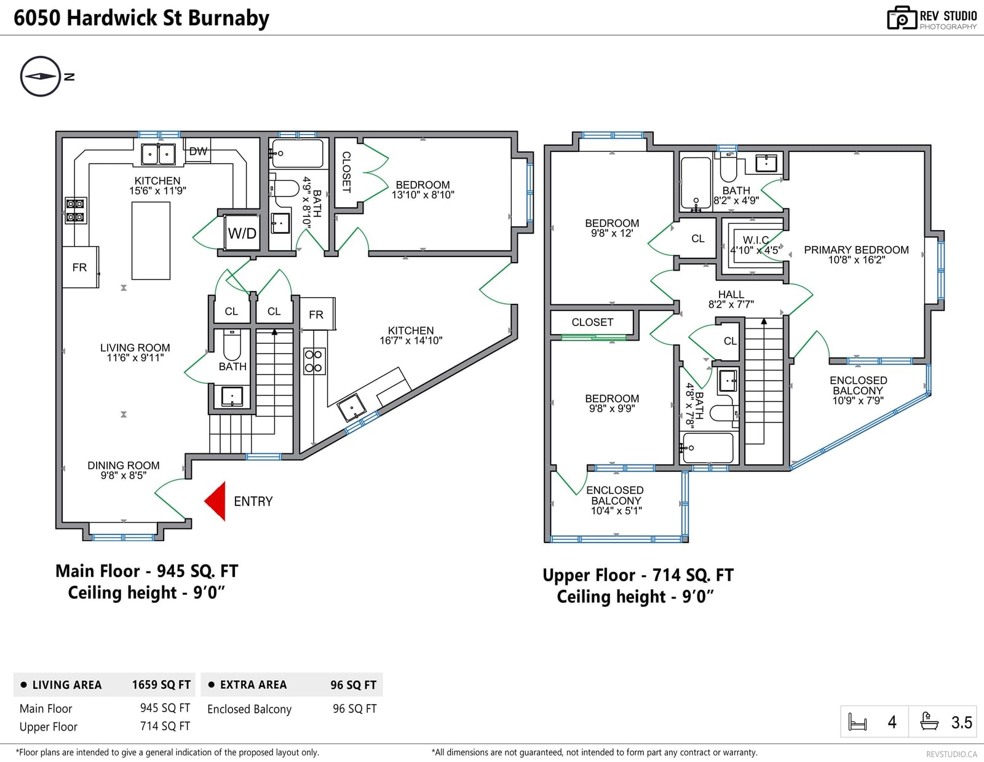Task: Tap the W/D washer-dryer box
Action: click(x=242, y=232)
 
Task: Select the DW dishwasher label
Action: click(x=198, y=151)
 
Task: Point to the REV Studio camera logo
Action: click(x=902, y=18)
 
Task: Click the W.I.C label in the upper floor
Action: click(x=756, y=240)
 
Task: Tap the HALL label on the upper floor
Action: click(x=731, y=295)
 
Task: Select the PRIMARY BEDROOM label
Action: click(x=856, y=250)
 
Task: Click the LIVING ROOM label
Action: click(x=135, y=347)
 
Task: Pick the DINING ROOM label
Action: click(x=124, y=466)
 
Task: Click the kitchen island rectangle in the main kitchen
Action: click(x=151, y=241)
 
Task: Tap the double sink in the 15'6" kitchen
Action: click(x=158, y=154)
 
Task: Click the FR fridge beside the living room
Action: click(x=80, y=267)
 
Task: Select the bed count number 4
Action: click(x=892, y=722)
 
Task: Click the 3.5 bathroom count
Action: click(x=961, y=722)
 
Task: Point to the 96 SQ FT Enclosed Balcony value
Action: click(x=355, y=709)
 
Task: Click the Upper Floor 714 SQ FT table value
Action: click(x=165, y=726)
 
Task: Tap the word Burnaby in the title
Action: click(x=228, y=18)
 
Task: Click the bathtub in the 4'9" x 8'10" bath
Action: click(x=297, y=154)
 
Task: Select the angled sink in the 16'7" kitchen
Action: click(x=352, y=407)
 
